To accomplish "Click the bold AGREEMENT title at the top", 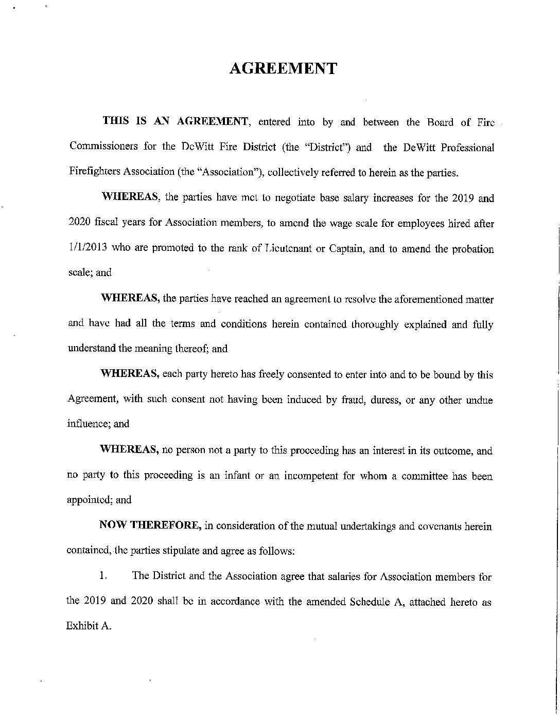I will point(283,69).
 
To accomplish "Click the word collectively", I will point(293,173).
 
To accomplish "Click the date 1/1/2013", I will point(87,249).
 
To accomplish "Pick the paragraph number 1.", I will point(103,576).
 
